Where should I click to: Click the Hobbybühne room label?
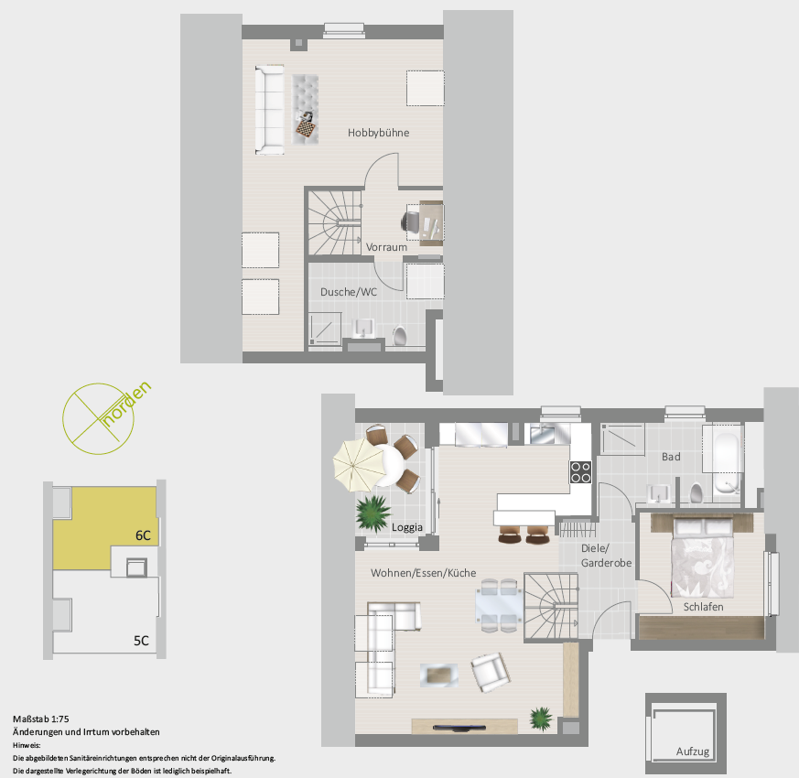378,133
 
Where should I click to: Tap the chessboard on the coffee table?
305,128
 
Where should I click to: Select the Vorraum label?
386,247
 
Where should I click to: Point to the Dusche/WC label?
349,292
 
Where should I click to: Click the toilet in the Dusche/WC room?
399,336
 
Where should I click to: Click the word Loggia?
407,527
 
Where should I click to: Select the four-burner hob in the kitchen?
580,471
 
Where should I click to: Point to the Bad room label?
671,457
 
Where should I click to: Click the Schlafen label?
703,607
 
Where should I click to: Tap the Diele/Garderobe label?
607,556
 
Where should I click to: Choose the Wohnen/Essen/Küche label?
424,573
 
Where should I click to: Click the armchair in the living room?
491,673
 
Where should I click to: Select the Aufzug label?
693,751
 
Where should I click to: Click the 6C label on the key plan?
143,535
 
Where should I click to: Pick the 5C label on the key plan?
141,641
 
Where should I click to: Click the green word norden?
127,403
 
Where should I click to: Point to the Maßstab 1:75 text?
41,719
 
